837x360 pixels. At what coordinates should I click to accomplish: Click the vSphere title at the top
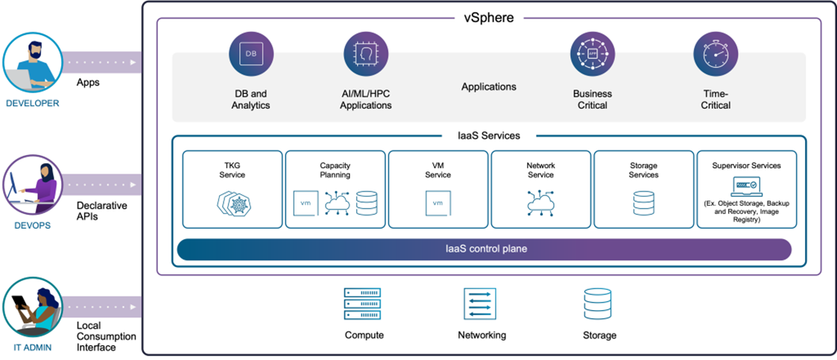[x=488, y=17]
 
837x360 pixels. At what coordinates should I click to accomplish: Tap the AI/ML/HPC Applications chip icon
[x=365, y=54]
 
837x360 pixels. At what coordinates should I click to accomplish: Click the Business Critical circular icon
[x=592, y=54]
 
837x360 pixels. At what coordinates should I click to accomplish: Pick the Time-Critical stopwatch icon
[x=716, y=54]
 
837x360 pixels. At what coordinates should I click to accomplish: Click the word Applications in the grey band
[x=488, y=87]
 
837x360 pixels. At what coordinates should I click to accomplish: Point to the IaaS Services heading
[x=488, y=136]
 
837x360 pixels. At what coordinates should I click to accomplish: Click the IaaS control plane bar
[x=484, y=249]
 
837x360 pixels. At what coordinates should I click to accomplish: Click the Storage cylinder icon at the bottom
[x=599, y=303]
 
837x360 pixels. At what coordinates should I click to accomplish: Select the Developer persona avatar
[x=31, y=63]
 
